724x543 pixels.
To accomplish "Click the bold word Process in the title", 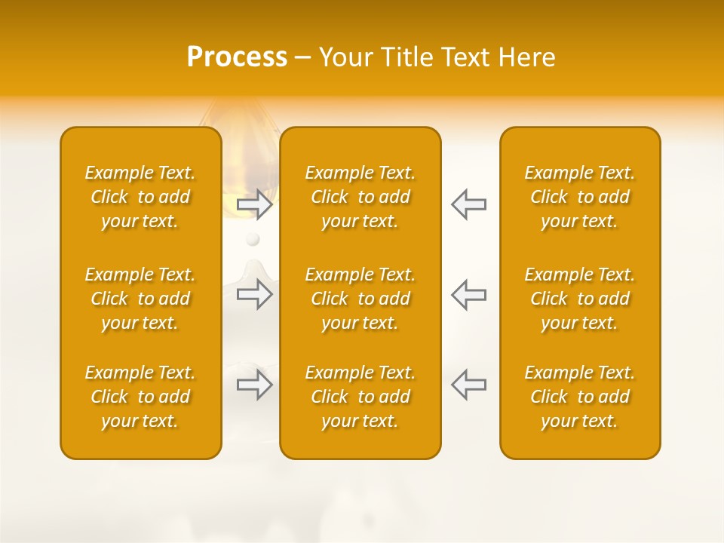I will point(237,57).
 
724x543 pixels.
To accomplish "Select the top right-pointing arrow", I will point(254,204).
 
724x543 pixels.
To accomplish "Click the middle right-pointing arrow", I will point(254,294).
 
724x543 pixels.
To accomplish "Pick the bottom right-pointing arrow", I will point(254,384).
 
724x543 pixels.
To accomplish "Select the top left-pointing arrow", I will point(468,204).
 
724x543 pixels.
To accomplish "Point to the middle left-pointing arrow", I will point(468,294).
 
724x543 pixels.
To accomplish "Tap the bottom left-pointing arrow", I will point(468,384).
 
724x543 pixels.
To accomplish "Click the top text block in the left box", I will point(140,197).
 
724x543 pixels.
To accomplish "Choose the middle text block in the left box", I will point(140,299).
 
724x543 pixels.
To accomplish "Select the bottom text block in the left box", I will point(140,397).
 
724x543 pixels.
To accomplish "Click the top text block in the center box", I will point(360,197).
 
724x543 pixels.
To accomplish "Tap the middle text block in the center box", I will point(360,299).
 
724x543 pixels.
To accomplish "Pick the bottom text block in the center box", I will point(360,397).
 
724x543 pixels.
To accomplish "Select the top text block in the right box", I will point(580,197).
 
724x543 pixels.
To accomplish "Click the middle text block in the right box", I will point(580,299).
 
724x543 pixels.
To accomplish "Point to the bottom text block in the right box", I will point(580,397).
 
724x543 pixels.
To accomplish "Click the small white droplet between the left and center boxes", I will point(253,239).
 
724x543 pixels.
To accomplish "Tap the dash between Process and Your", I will point(303,58).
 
